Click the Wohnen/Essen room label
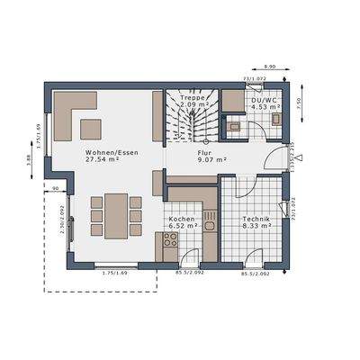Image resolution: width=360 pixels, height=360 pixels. click(x=104, y=153)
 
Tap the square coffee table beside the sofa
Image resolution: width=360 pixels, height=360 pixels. click(x=91, y=127)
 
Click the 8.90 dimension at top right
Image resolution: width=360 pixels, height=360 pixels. click(x=270, y=67)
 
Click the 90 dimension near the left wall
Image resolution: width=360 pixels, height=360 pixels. click(x=56, y=187)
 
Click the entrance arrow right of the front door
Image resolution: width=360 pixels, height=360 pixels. click(x=300, y=158)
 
